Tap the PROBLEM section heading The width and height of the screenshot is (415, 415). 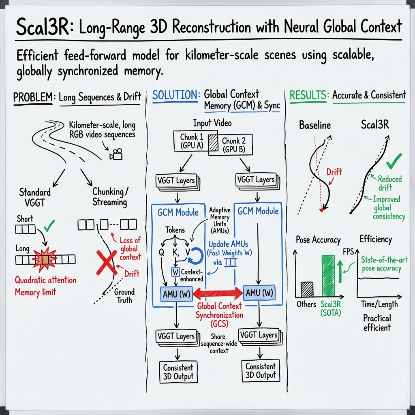[33, 97]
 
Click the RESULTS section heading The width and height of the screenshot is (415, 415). [309, 96]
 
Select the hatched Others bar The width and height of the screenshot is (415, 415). [307, 289]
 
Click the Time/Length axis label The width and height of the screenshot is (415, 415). [379, 304]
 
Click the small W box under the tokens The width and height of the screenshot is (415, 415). [175, 272]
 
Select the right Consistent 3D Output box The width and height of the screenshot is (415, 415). [260, 371]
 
